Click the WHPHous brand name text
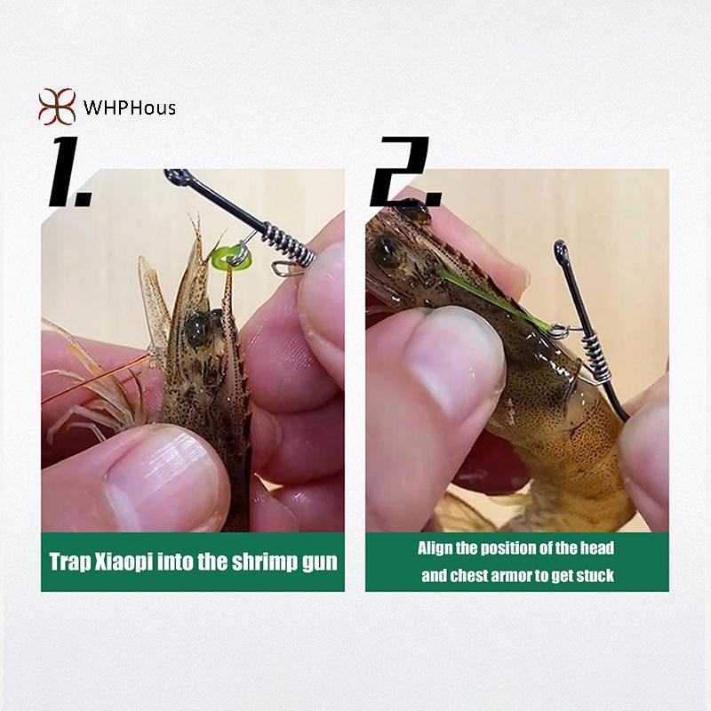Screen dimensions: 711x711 tap(129, 108)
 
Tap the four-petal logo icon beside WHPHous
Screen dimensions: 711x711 tap(57, 107)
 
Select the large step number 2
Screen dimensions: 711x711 tap(405, 172)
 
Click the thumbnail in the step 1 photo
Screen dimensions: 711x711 tap(164, 477)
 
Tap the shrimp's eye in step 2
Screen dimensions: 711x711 tap(386, 249)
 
